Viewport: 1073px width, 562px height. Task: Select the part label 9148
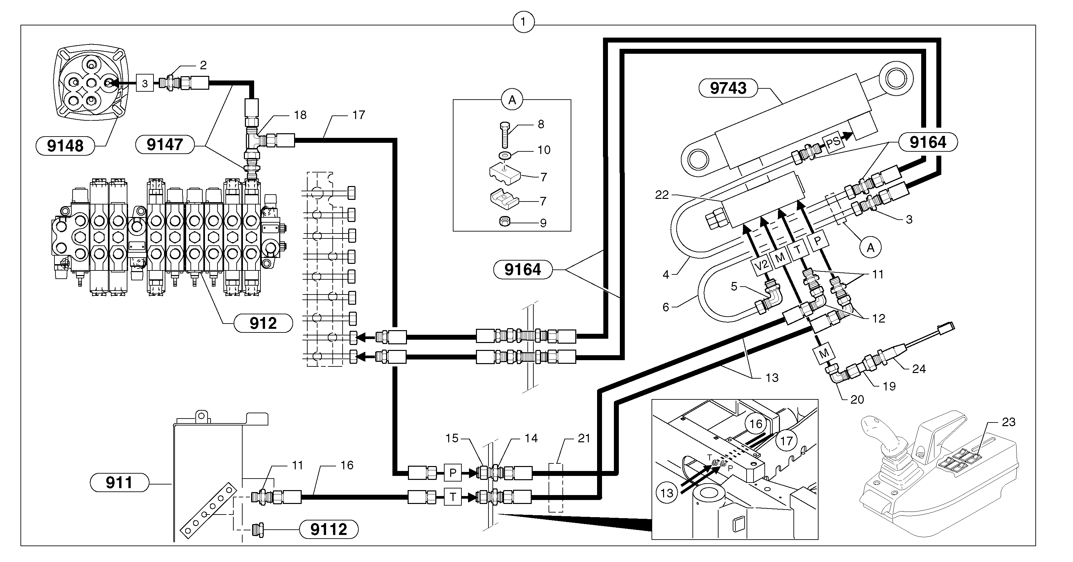click(65, 146)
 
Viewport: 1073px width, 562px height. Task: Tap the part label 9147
click(165, 144)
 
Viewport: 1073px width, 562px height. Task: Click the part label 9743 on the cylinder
click(728, 88)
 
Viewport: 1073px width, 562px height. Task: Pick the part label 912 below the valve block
click(263, 323)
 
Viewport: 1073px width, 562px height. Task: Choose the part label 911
click(119, 483)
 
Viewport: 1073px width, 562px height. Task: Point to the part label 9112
click(329, 530)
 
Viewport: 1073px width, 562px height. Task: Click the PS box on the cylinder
click(833, 143)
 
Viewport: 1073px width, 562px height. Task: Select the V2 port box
click(761, 265)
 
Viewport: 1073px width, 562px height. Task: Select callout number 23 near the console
click(1008, 422)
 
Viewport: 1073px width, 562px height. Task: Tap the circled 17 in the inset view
click(786, 441)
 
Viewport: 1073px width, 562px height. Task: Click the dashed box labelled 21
click(556, 488)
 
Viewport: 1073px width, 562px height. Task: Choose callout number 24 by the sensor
click(919, 369)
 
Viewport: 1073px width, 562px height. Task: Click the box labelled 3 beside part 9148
click(145, 83)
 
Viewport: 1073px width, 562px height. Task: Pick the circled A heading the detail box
click(512, 100)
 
